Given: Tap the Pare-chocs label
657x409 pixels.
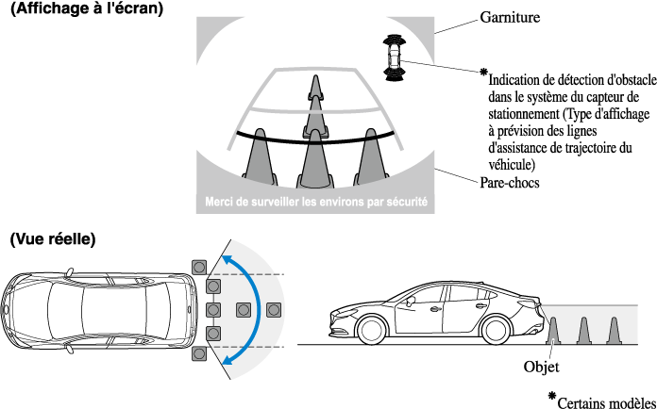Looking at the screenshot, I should (x=510, y=183).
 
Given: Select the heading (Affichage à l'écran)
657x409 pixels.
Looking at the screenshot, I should (x=85, y=9).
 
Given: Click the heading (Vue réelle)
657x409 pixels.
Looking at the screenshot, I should (x=53, y=240).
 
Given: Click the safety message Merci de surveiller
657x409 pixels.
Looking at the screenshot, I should (x=316, y=201).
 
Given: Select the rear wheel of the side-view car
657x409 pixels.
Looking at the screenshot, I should (x=497, y=331).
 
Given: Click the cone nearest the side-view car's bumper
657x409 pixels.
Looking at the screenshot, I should (x=554, y=330).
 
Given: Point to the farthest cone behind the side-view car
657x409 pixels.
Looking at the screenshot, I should (x=615, y=330).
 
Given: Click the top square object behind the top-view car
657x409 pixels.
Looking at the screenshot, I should (x=198, y=267).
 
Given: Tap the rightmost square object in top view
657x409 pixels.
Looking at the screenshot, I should (x=275, y=309).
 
